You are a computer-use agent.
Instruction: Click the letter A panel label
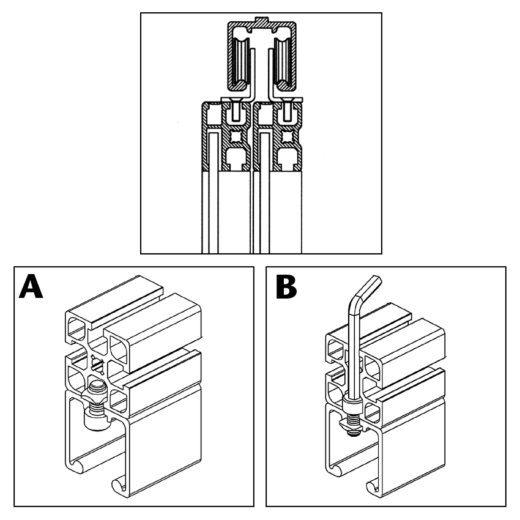coord(31,286)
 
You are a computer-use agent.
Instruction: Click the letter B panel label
coord(286,286)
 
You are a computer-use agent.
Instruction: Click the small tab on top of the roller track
coord(261,20)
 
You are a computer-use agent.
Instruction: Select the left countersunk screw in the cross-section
coord(236,109)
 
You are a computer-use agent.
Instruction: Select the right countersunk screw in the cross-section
coord(287,109)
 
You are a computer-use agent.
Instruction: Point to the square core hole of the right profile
coord(286,136)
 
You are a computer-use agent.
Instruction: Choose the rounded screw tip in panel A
coord(97,385)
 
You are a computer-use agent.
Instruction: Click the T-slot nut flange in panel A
coord(94,396)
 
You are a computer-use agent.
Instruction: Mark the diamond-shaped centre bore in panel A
coord(97,365)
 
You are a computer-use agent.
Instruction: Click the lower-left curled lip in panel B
coord(336,470)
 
